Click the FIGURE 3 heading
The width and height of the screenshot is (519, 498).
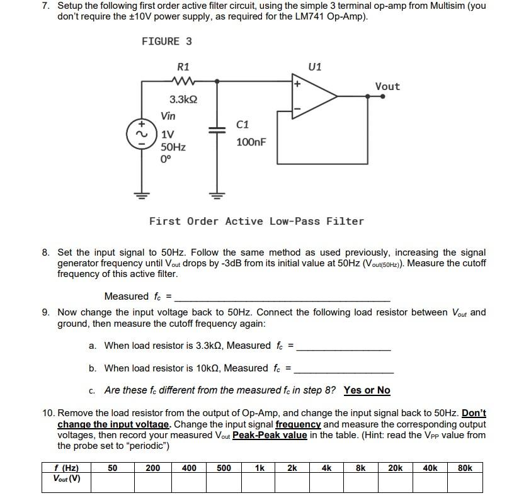(x=167, y=42)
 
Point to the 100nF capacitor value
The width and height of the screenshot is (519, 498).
(x=251, y=143)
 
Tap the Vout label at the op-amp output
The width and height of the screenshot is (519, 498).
(x=387, y=87)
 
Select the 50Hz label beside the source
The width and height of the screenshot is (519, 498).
(x=173, y=147)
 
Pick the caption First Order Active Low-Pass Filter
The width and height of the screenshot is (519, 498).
(x=256, y=221)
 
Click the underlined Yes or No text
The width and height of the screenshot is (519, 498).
(x=367, y=390)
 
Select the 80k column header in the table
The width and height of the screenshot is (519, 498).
(x=465, y=468)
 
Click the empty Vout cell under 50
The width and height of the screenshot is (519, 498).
(x=112, y=482)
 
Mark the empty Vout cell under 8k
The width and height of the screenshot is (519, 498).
(x=360, y=482)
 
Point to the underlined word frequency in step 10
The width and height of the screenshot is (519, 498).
(x=298, y=424)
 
